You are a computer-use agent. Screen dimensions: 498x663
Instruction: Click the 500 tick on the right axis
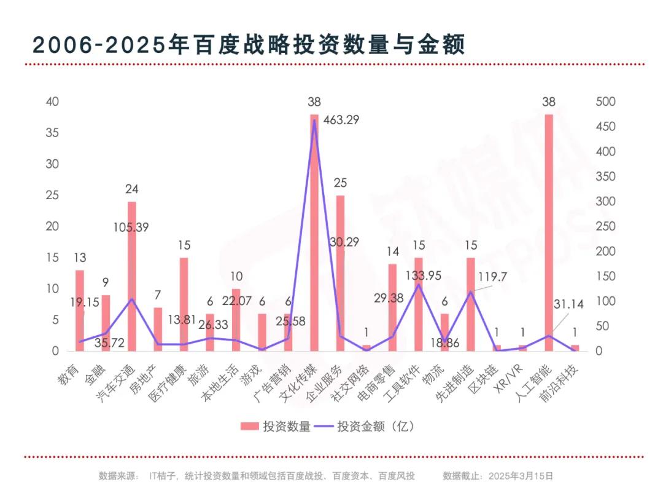point(605,101)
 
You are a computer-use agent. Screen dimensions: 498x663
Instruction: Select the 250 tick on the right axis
point(605,226)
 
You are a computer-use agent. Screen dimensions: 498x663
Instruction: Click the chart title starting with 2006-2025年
point(249,44)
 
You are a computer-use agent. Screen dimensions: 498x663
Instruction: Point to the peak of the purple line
point(314,121)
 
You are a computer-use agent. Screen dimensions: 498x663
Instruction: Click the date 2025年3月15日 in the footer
point(523,476)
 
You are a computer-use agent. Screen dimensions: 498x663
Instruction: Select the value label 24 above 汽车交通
point(131,189)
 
